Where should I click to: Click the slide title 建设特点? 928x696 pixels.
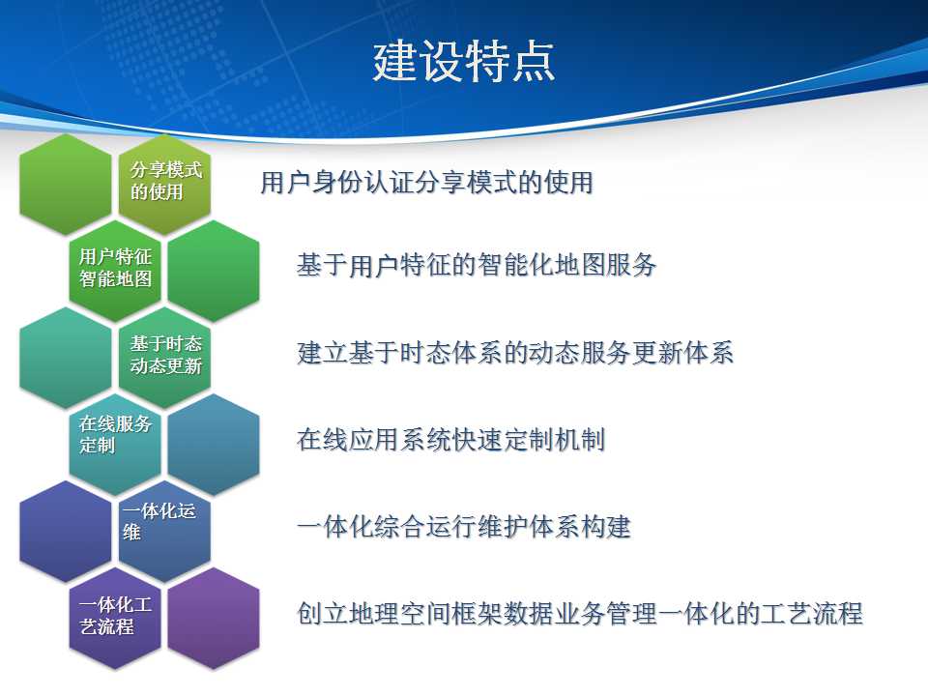click(x=463, y=62)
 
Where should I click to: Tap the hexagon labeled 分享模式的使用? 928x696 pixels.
click(x=164, y=184)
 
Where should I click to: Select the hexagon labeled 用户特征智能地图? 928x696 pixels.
click(x=115, y=271)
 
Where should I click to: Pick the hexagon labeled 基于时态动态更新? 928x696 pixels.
click(x=164, y=358)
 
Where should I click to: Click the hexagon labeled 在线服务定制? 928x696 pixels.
click(x=115, y=445)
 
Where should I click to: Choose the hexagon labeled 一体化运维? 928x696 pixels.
click(x=164, y=532)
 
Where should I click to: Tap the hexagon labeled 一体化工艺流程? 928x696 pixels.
click(x=115, y=619)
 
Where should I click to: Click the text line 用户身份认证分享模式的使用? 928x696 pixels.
click(x=426, y=182)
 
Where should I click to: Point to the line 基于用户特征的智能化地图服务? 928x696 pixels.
click(x=477, y=265)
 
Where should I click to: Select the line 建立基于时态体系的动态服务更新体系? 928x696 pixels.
click(x=515, y=352)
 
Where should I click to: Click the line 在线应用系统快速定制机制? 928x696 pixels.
click(x=451, y=440)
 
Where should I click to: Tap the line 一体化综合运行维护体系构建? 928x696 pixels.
click(x=464, y=526)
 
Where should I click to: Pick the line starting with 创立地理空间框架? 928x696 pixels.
click(x=579, y=613)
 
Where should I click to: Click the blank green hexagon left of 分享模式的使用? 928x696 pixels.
click(x=65, y=184)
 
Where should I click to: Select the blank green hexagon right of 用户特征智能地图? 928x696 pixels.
click(x=214, y=271)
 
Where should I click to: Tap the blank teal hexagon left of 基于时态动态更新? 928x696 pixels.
click(x=65, y=358)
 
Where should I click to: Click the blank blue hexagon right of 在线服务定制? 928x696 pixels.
click(x=214, y=445)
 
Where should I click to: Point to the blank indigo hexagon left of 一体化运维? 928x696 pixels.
click(x=65, y=532)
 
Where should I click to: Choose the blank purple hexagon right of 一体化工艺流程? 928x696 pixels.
click(x=214, y=619)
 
